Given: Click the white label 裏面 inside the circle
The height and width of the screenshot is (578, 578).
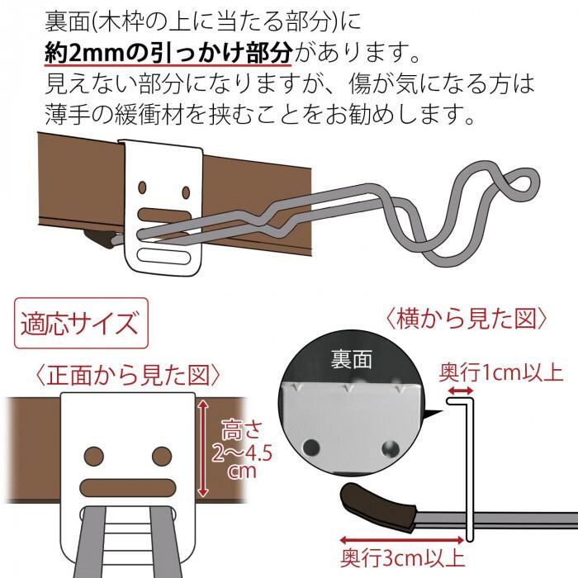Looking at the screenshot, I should [353, 359].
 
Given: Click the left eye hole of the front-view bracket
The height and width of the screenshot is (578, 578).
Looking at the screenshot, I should [92, 454].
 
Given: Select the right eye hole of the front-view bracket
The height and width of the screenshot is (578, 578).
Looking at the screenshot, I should [159, 454].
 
